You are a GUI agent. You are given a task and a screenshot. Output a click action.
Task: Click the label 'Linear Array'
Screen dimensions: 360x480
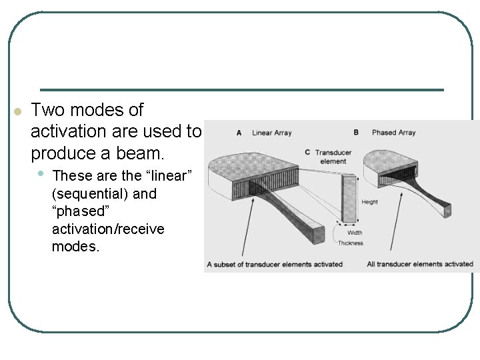click(271, 133)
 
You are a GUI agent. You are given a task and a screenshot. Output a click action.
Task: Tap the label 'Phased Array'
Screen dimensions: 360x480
click(393, 132)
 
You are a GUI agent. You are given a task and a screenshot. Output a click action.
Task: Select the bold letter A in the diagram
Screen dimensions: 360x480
click(239, 133)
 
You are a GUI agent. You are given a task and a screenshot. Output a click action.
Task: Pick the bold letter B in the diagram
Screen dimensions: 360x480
click(356, 132)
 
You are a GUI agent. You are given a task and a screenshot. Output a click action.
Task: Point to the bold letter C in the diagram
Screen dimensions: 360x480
click(307, 152)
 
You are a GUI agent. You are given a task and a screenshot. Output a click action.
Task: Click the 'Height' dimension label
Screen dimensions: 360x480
click(369, 202)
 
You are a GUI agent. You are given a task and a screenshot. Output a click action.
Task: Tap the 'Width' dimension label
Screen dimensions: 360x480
click(355, 233)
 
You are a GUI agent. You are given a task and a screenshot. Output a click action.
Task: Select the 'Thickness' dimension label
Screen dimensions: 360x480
click(350, 243)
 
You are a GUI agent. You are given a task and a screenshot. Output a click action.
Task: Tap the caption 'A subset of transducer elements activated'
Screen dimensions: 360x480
click(275, 264)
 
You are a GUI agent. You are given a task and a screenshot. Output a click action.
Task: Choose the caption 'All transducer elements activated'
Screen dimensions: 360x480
click(419, 264)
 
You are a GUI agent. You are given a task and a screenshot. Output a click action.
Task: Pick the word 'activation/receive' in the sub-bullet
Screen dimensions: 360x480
click(107, 229)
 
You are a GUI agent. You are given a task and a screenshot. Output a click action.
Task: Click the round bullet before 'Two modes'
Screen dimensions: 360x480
click(18, 110)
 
